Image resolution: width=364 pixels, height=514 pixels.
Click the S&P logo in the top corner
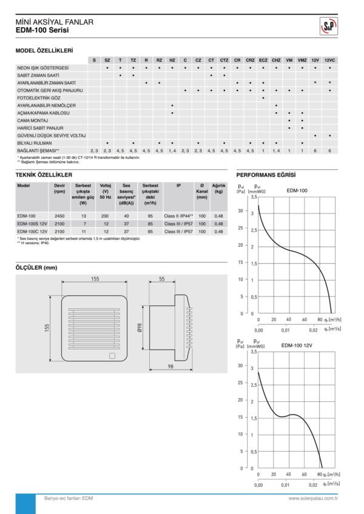pos(329,26)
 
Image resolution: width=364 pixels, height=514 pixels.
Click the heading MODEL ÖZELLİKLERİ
pos(44,50)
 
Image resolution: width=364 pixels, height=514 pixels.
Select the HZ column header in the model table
pos(172,60)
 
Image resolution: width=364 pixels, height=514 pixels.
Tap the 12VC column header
pos(329,60)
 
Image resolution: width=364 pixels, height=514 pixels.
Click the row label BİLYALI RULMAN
pos(35,142)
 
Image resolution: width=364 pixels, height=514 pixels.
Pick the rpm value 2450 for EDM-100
pos(59,216)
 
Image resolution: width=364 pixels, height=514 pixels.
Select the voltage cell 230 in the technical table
pos(105,216)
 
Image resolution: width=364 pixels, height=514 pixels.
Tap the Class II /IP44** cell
pos(178,216)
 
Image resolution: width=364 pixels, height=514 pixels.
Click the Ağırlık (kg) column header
pos(218,189)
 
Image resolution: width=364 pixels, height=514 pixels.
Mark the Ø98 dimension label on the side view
pos(140,328)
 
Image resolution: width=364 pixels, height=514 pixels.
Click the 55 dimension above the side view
pos(161,279)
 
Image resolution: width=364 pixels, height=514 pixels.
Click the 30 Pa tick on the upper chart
pos(241,211)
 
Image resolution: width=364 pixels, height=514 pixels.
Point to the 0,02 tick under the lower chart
pos(313,486)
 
